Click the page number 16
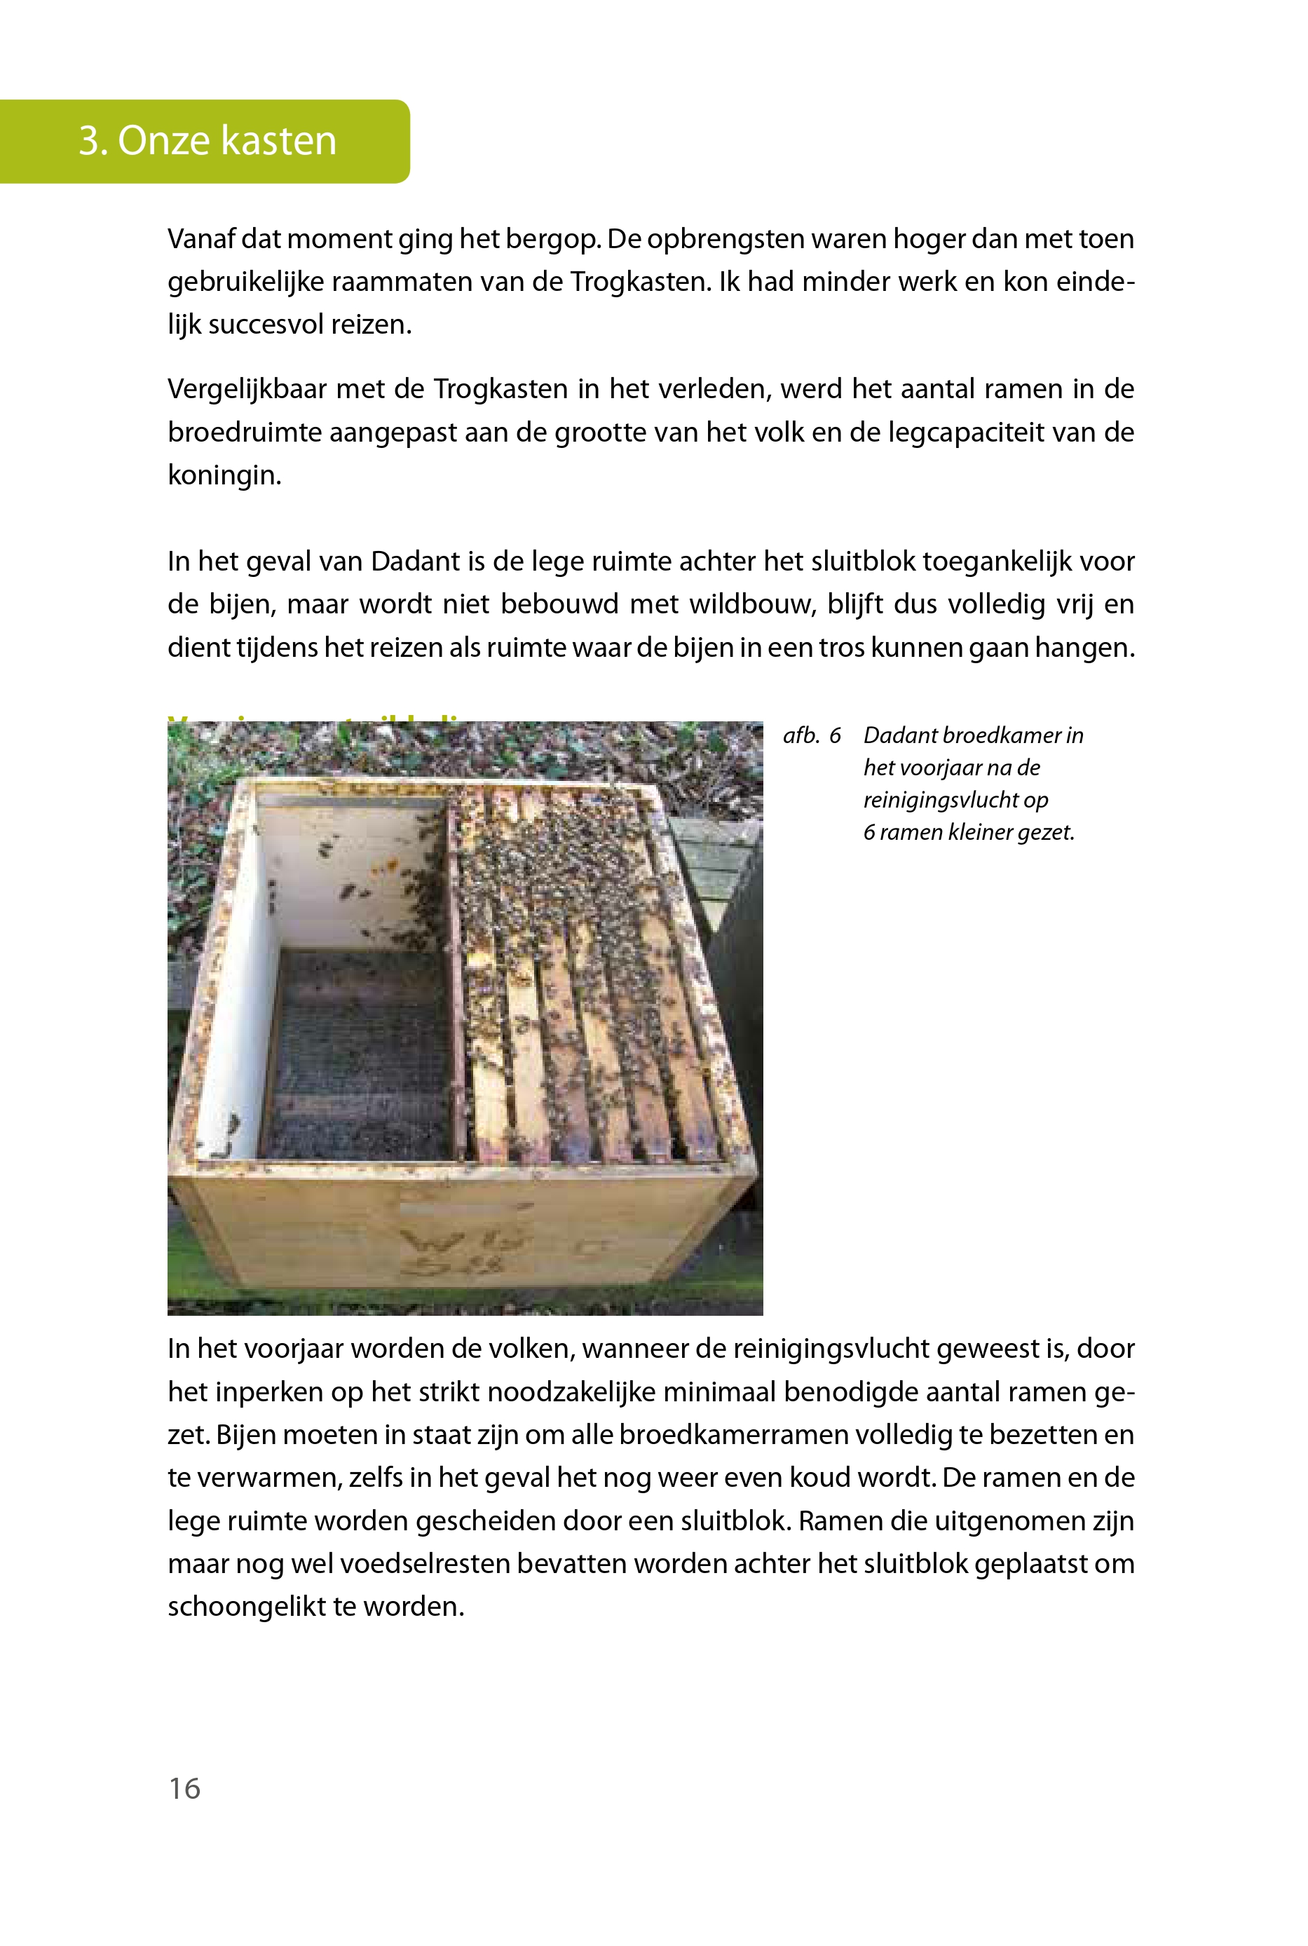184,1788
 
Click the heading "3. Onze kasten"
207,140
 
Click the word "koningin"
224,475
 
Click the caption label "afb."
801,735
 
